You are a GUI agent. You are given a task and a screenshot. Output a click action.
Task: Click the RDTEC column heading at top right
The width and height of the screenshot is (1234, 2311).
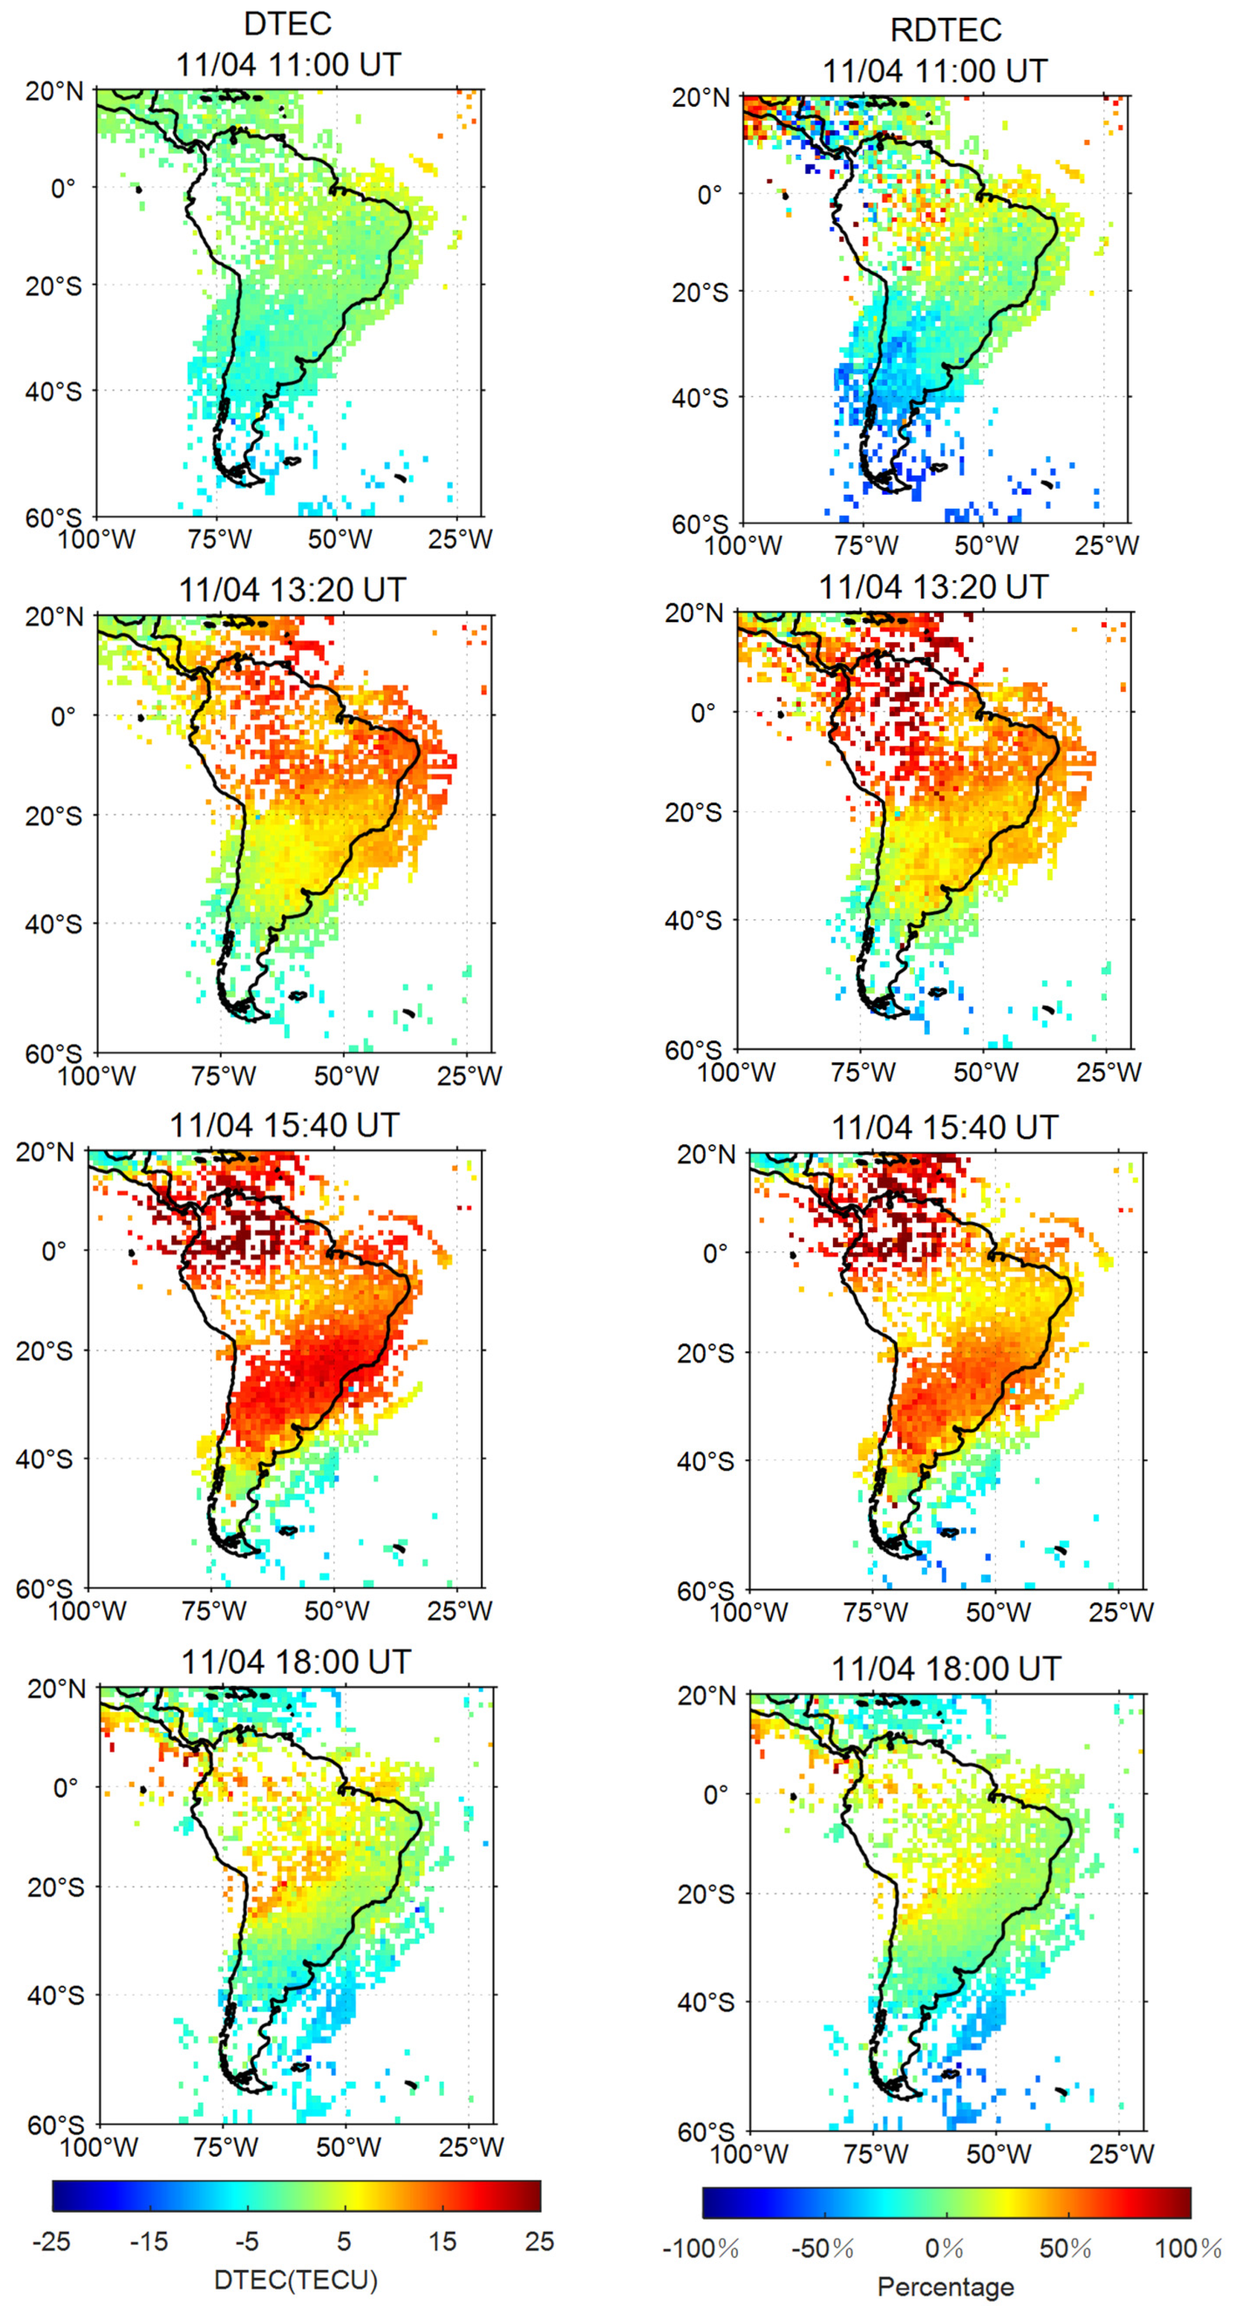(x=945, y=30)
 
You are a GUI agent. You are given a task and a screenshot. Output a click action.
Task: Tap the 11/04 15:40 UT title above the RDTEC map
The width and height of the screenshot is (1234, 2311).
(x=944, y=1127)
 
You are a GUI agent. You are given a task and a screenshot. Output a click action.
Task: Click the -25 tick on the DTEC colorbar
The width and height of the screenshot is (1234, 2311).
(x=51, y=2241)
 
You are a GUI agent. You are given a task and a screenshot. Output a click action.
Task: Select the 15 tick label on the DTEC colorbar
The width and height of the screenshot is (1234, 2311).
(x=442, y=2241)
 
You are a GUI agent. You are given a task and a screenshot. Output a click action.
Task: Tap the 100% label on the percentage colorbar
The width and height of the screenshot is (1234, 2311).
(x=1187, y=2248)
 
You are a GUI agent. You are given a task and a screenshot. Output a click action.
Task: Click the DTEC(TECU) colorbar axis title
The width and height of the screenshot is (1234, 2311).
(x=295, y=2280)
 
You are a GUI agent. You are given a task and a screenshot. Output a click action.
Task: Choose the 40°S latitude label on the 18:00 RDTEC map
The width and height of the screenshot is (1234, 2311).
(x=705, y=2001)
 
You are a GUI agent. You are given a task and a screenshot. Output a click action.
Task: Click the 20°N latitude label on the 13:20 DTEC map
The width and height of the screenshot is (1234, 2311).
(x=54, y=617)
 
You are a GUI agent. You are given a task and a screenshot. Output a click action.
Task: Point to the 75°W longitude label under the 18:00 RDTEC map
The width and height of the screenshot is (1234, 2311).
(x=875, y=2153)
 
